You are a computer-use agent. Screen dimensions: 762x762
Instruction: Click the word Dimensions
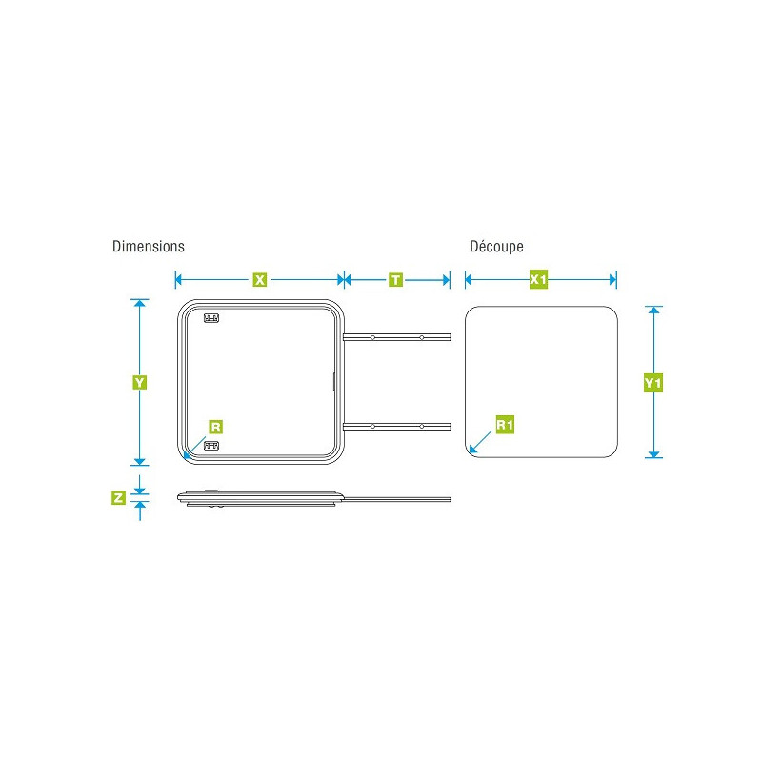click(x=149, y=247)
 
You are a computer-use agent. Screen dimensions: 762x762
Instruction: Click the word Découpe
click(x=496, y=247)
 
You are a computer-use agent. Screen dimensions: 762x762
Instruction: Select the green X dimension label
click(x=260, y=280)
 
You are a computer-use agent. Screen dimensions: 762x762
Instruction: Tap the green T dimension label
click(x=395, y=280)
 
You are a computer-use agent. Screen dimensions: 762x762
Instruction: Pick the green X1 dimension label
click(x=538, y=279)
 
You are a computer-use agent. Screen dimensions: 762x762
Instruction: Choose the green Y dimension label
click(x=139, y=383)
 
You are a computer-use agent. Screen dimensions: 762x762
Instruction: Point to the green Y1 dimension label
click(x=653, y=384)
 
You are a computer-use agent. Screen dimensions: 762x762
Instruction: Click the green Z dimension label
click(x=118, y=497)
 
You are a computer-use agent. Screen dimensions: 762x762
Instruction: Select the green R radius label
click(x=216, y=427)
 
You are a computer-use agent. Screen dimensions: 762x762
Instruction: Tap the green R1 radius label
click(x=505, y=425)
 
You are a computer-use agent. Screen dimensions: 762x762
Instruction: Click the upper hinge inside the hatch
click(x=211, y=318)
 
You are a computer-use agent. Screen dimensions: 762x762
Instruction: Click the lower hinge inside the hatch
click(x=211, y=446)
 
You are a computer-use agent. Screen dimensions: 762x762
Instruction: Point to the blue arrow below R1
click(x=481, y=442)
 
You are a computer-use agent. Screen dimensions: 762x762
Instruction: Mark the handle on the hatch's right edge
click(x=334, y=382)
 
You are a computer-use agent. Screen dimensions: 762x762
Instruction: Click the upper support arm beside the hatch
click(x=396, y=337)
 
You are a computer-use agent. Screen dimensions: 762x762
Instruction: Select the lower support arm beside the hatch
click(x=396, y=427)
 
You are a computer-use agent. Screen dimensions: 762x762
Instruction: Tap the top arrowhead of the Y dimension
click(x=140, y=303)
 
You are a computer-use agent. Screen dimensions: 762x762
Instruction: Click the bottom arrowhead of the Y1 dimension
click(x=654, y=455)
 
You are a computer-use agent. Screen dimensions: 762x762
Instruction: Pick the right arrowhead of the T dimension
click(x=447, y=280)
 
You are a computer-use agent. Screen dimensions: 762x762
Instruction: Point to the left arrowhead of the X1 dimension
click(x=469, y=279)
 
